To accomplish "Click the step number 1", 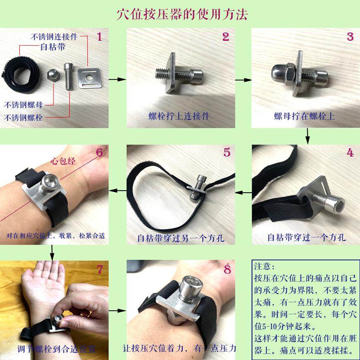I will pyautogui.click(x=99, y=37).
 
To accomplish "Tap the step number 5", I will pyautogui.click(x=227, y=152).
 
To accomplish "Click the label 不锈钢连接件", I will pyautogui.click(x=54, y=37).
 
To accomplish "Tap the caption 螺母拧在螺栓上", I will pyautogui.click(x=304, y=116).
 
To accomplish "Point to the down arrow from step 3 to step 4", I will pyautogui.click(x=308, y=135).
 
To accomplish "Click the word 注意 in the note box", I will pyautogui.click(x=262, y=266).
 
